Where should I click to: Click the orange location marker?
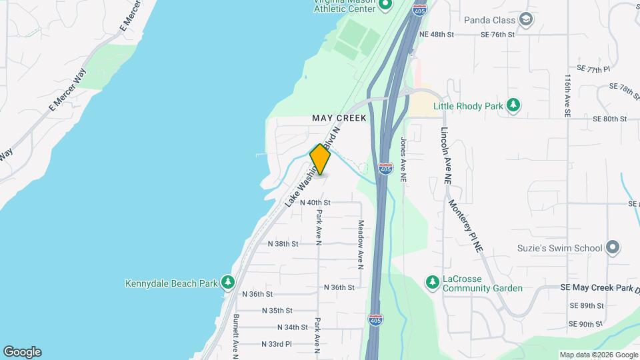point(321,160)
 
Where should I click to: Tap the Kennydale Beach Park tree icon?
point(228,283)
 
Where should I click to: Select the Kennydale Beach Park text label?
point(171,283)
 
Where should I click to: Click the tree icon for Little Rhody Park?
point(513,105)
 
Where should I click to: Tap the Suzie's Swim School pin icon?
point(613,248)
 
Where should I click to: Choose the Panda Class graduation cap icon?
point(526,19)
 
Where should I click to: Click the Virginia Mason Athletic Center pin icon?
point(385,6)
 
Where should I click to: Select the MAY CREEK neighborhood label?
point(339,118)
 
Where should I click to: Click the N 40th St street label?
point(315,202)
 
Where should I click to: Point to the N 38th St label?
point(283,244)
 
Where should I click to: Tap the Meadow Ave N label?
point(361,245)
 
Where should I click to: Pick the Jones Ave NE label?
point(403,160)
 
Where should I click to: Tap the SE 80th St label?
point(610,119)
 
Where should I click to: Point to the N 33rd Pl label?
point(277,344)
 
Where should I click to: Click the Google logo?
point(22,352)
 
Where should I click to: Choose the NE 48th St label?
point(437,34)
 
